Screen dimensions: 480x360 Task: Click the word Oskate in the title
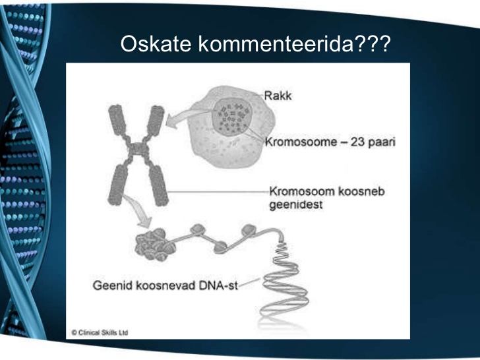(156, 44)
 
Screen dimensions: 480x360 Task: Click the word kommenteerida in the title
(276, 44)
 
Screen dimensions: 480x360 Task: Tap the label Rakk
(278, 96)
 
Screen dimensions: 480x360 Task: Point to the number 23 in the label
(357, 142)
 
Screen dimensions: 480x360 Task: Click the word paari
(381, 142)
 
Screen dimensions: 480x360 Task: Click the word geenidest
(295, 205)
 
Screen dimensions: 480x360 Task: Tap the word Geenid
(112, 285)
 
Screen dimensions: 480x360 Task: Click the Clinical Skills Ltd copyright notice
(100, 332)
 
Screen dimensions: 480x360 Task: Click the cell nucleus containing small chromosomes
(232, 116)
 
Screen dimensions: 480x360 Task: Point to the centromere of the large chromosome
(138, 149)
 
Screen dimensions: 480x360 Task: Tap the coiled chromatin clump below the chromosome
(154, 245)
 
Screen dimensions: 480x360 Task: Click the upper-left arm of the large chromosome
(117, 120)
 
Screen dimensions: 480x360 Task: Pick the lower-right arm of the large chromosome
(159, 185)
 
